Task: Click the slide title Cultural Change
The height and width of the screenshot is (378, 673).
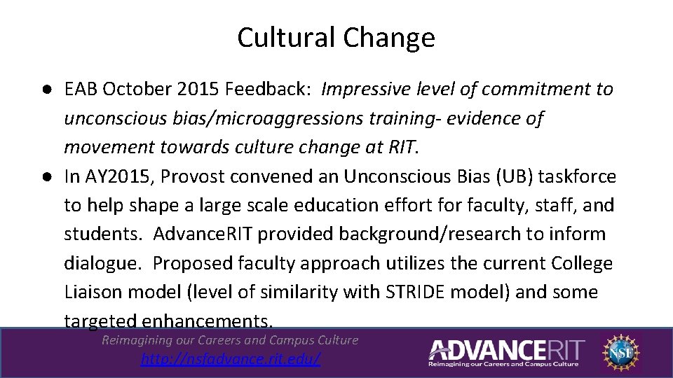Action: click(336, 37)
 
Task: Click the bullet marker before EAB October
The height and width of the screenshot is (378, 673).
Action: click(46, 90)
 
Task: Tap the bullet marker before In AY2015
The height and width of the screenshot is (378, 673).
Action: click(46, 177)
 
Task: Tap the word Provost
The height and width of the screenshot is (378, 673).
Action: click(192, 176)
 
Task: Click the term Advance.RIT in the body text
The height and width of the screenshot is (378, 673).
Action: click(203, 234)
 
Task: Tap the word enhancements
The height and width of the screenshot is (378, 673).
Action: click(206, 321)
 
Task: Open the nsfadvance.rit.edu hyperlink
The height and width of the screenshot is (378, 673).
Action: click(231, 359)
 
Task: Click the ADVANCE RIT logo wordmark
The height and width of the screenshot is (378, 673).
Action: click(505, 349)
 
